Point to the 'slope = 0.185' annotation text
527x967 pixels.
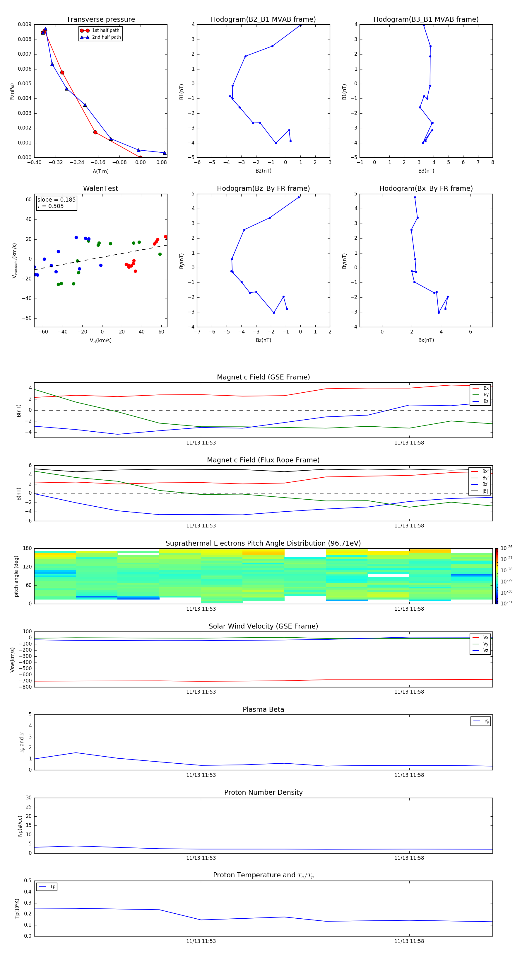56,200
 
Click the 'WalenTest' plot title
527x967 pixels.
100,188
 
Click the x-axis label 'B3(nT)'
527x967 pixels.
426,171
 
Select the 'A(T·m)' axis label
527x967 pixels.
100,171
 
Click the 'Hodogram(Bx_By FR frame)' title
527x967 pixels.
426,188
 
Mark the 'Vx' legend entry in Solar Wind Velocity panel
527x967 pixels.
485,637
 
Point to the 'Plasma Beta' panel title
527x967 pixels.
263,709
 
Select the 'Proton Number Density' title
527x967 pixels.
263,792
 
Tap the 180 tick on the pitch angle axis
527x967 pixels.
28,549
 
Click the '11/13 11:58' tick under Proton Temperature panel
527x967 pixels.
409,941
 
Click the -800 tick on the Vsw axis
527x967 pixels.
27,687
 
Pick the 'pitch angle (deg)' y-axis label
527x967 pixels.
16,576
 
